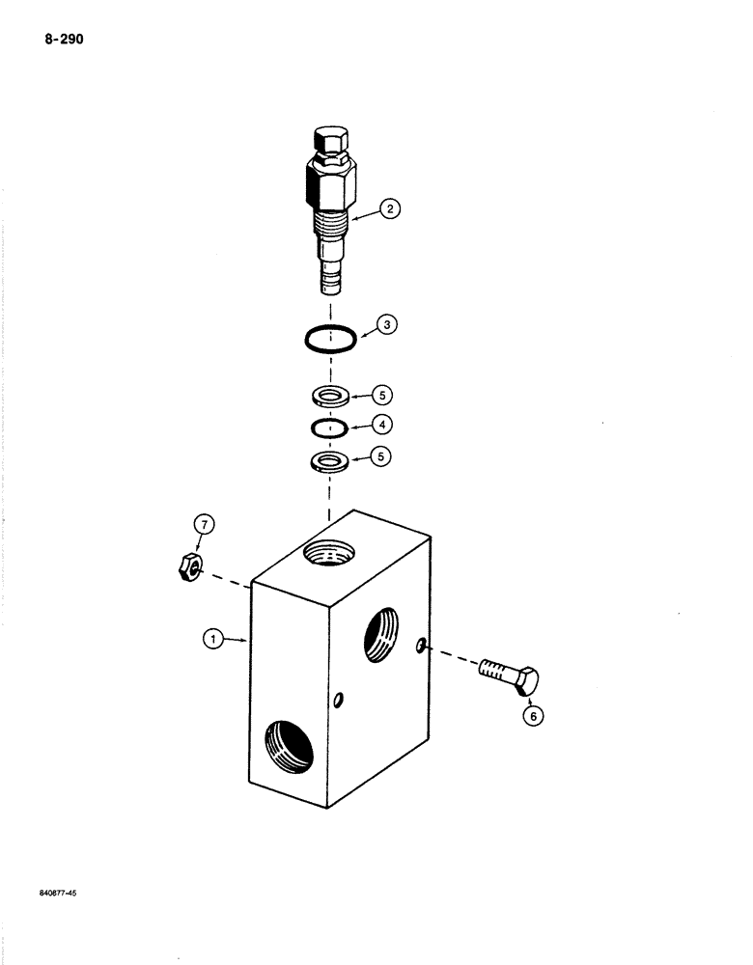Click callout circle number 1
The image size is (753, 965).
[x=211, y=638]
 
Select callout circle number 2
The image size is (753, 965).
[x=389, y=207]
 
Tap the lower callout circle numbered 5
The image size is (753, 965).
[x=382, y=459]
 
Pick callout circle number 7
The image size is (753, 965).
[x=204, y=525]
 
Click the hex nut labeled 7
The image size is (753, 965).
[x=187, y=567]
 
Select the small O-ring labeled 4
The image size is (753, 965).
[x=329, y=427]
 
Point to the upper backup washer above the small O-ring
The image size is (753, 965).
[x=330, y=396]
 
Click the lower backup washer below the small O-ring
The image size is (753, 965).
[x=330, y=460]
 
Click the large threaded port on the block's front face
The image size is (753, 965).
[x=290, y=746]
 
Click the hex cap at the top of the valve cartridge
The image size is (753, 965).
[x=332, y=140]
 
